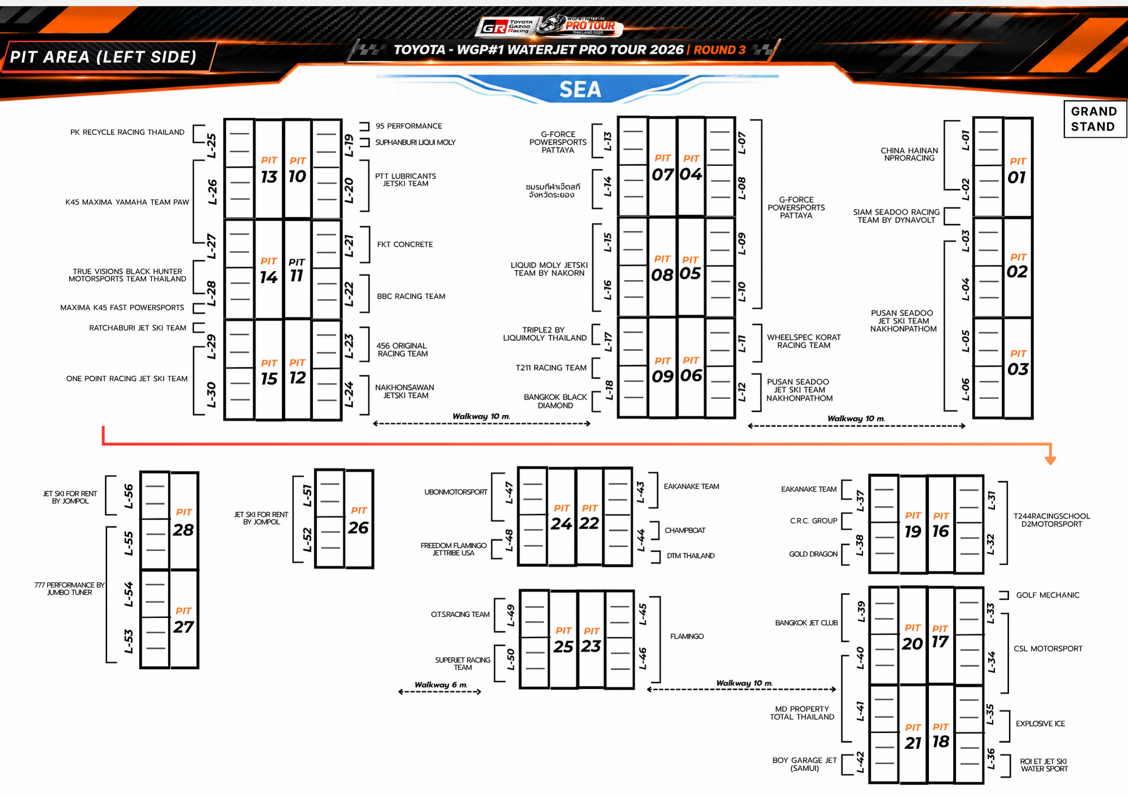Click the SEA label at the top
[x=580, y=89]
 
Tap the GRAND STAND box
[x=1094, y=119]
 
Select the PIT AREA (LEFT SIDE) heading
[x=103, y=57]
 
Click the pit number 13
[x=269, y=177]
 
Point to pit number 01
[x=1017, y=177]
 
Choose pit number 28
[x=183, y=530]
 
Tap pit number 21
[x=913, y=743]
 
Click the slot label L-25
[x=211, y=146]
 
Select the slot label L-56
[x=129, y=496]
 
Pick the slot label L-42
[x=860, y=762]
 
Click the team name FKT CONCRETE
[x=405, y=244]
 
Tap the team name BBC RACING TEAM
[x=411, y=296]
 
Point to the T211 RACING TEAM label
[x=551, y=368]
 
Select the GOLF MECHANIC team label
[x=1048, y=595]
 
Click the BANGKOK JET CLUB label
[x=807, y=623]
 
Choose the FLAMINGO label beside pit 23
[x=687, y=636]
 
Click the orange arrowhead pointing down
[x=1050, y=460]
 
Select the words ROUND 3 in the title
[x=720, y=50]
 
